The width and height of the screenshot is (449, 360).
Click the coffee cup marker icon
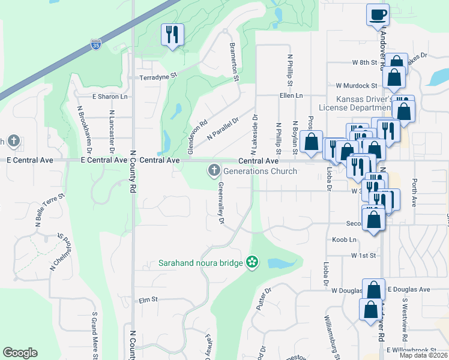(x=378, y=14)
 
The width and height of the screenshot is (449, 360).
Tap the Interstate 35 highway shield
(x=96, y=44)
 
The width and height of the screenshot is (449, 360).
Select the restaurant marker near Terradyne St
(x=172, y=34)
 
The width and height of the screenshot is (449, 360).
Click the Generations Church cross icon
(x=213, y=171)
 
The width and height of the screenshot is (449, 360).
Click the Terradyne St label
(x=158, y=77)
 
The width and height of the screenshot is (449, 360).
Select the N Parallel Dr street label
(x=223, y=128)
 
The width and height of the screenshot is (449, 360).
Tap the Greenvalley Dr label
(x=221, y=204)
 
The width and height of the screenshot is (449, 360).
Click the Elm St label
(x=148, y=300)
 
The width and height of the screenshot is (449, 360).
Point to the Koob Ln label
(x=344, y=239)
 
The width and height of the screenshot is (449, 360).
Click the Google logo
(x=20, y=353)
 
